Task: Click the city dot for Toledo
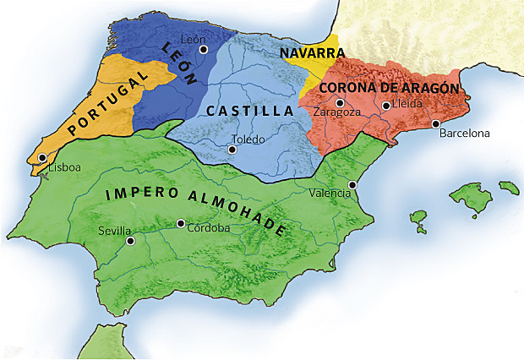coord(232,150)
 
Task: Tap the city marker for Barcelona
coord(436,123)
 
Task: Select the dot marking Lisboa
coord(41,158)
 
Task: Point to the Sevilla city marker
coord(130,241)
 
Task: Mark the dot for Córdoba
coord(180,224)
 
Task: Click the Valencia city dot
coord(352,184)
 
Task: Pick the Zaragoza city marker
coord(340,102)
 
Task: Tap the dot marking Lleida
coord(385,106)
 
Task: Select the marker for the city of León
coord(203,50)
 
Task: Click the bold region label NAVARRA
coord(307,53)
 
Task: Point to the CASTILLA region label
coord(249,111)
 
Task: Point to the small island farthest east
coord(508,186)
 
